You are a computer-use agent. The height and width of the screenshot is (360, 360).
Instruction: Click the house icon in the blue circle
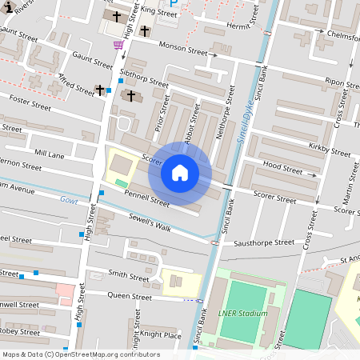coord(180,173)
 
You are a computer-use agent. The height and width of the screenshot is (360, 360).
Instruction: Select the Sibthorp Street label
coord(143,77)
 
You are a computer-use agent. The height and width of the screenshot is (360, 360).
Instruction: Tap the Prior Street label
coord(162,114)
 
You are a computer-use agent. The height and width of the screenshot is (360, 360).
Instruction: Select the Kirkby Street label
coord(329,147)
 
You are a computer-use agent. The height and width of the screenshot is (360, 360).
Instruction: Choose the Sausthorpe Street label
coord(263,241)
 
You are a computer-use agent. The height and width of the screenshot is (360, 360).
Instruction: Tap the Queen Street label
coord(130,296)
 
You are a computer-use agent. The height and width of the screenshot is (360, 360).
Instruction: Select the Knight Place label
coord(161,335)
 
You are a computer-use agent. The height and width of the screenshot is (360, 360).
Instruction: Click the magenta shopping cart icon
coord(118,45)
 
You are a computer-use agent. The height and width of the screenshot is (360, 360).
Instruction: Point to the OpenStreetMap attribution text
coord(81,354)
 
